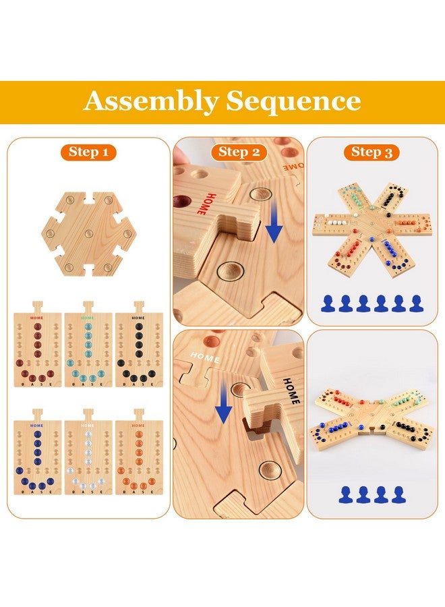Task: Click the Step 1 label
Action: tap(88, 152)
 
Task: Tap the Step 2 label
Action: tap(239, 152)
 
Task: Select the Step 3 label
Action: tap(372, 152)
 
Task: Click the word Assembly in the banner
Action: tap(151, 101)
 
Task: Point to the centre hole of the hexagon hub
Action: tap(88, 234)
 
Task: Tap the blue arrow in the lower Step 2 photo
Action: tap(224, 401)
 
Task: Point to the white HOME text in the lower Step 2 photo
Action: tap(205, 357)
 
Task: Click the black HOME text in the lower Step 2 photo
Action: tap(291, 391)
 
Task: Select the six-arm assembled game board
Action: tap(372, 230)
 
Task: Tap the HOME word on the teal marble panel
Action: tap(88, 318)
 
